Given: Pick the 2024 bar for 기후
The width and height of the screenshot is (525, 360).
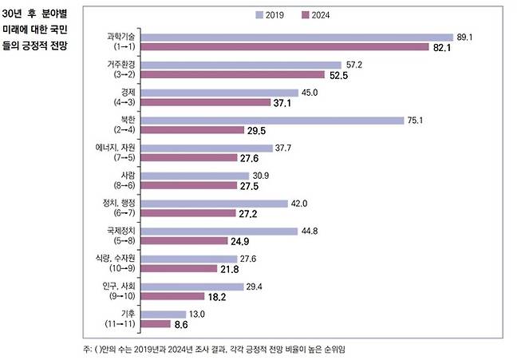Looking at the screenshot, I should tap(157, 324).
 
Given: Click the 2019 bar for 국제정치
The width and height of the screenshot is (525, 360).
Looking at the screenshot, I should tap(224, 231).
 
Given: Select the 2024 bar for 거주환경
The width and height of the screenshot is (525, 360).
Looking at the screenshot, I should tap(235, 76).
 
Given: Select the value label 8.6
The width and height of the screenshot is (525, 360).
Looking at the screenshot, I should tap(183, 325).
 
